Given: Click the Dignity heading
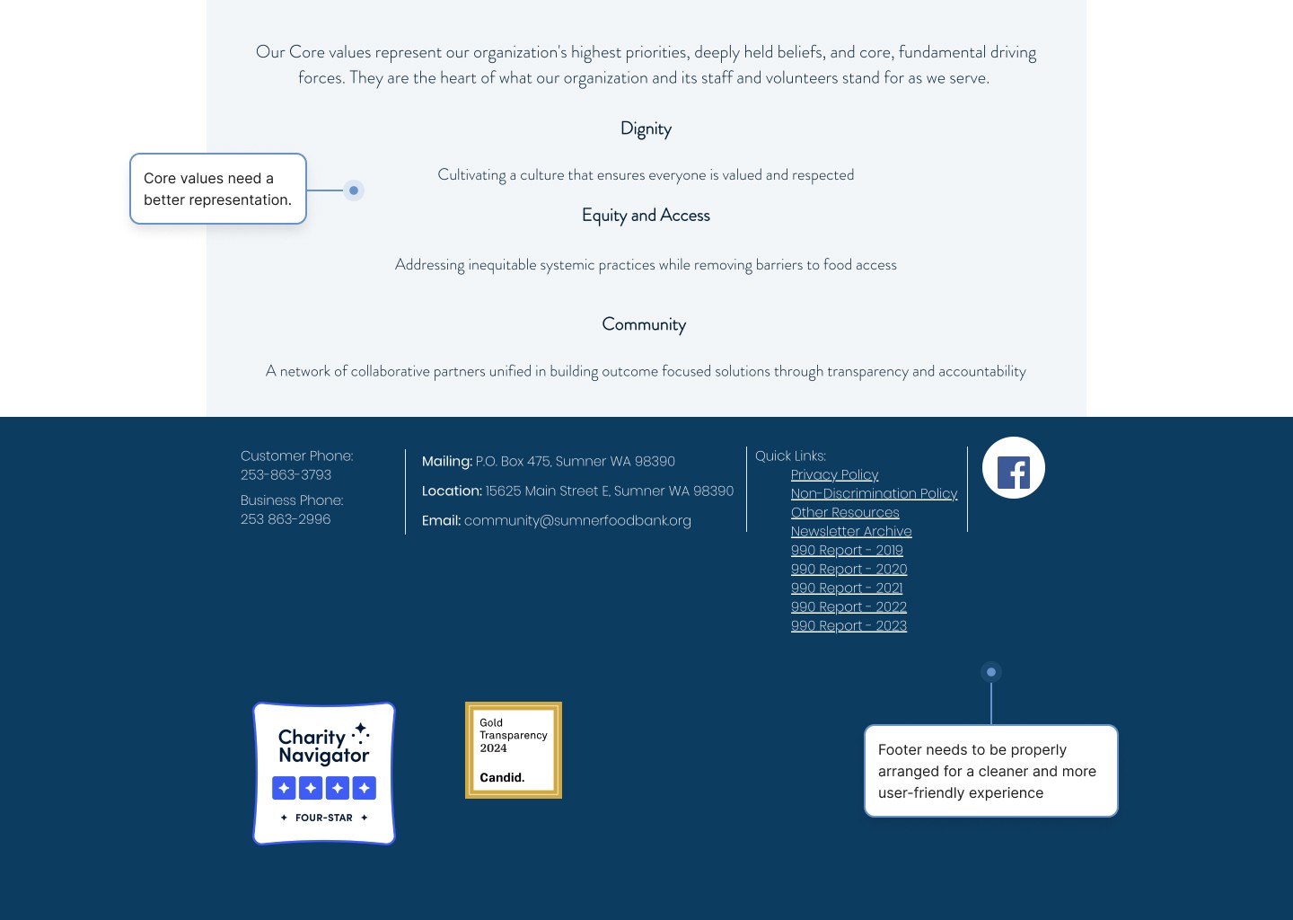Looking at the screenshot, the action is point(646,129).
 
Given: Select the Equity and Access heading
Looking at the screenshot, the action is point(646,216).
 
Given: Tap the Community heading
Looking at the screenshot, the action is point(644,324).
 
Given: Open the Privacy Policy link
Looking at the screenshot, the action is point(834,474).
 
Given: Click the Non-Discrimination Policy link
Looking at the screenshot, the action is point(874,493).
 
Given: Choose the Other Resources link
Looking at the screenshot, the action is point(845,512).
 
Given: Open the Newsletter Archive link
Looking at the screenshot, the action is point(851,531).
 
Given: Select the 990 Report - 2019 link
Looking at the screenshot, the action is point(847,550).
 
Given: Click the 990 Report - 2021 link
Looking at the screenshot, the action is point(847,588).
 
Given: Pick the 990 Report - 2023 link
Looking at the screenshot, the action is point(849,625).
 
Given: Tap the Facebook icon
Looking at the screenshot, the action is point(1013,468).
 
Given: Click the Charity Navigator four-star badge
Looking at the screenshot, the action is point(324,774).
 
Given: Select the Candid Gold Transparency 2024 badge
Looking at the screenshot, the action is point(514,750).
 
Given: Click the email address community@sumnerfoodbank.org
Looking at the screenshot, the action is point(577,520).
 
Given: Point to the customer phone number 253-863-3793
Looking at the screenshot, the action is point(286,474).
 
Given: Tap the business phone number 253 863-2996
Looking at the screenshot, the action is point(286,518).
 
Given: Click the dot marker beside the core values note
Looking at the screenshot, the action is point(354,190).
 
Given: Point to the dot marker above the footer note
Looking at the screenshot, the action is point(991,672).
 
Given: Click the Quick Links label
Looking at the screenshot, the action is point(790,456).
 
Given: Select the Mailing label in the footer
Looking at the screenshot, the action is point(446,461).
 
